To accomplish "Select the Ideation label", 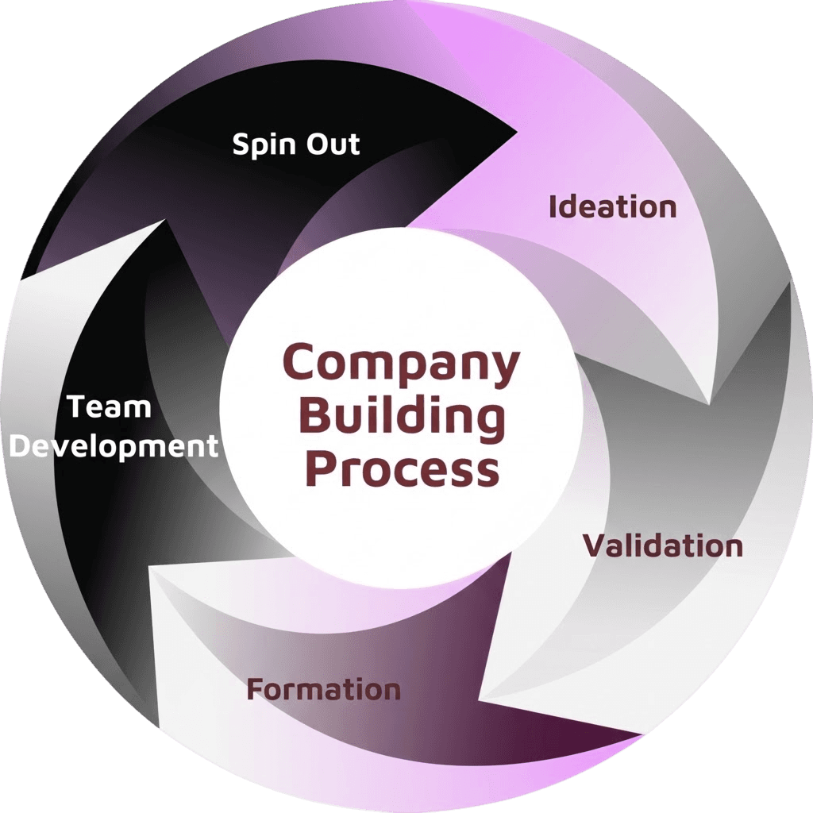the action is [x=613, y=206].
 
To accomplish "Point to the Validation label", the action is [x=663, y=546].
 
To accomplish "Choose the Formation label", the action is [x=324, y=690].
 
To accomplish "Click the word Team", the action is [x=110, y=407].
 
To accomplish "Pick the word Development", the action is [x=114, y=447].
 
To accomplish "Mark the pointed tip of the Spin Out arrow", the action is [x=518, y=133].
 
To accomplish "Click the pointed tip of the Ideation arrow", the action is [x=709, y=404].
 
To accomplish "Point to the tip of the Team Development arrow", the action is [x=166, y=220].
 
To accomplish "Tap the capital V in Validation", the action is [x=597, y=546].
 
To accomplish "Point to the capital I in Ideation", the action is [x=553, y=206].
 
